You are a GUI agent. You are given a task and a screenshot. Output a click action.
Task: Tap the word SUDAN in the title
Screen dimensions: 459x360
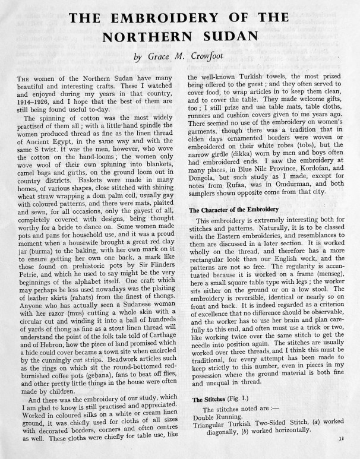[x=228, y=37]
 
